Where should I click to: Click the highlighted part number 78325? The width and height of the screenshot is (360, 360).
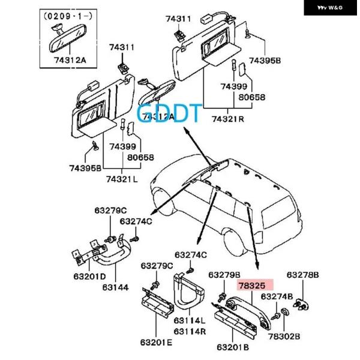click(256, 286)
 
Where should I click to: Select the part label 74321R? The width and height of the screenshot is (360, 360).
click(222, 118)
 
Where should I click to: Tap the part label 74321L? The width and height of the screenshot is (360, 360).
click(122, 179)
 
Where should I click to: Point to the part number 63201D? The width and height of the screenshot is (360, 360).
click(90, 276)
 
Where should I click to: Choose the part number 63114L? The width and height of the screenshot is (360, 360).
click(190, 321)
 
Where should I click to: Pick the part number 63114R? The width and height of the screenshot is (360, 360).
click(190, 331)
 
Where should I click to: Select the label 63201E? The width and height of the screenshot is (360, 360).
click(157, 343)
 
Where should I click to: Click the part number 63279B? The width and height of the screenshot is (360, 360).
click(225, 275)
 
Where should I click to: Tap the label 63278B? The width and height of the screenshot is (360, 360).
click(302, 275)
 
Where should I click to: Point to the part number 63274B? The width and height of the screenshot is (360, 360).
click(277, 296)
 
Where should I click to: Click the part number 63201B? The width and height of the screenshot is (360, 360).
click(233, 347)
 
